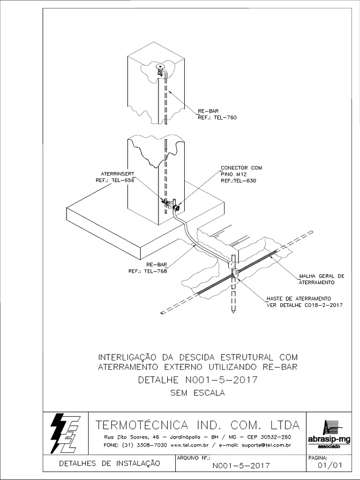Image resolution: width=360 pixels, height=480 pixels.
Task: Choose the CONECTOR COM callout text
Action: coord(241,167)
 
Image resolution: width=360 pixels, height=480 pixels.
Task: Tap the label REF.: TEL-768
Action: coord(147,270)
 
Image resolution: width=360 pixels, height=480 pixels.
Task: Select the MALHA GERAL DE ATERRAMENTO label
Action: coord(321,279)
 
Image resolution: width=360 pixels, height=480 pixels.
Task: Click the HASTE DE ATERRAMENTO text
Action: coord(299,299)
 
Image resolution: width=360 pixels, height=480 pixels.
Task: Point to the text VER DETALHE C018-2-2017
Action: coord(304,305)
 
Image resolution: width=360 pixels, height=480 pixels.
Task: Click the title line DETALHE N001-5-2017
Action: coord(198,380)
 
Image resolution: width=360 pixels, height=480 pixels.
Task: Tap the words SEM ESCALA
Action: coord(197,393)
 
